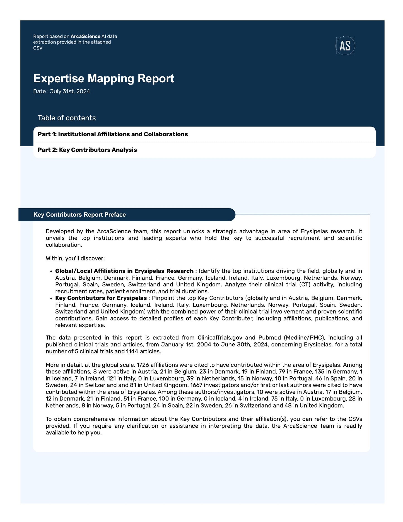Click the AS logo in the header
(x=345, y=46)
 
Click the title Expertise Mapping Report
(x=103, y=78)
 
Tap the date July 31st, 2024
(x=70, y=92)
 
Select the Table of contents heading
(x=67, y=118)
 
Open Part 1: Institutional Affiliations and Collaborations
(x=113, y=134)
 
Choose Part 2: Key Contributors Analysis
(x=87, y=150)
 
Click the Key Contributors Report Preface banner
(x=79, y=215)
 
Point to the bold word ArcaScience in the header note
(x=85, y=36)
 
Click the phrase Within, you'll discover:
(x=75, y=258)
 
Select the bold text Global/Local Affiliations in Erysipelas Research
(x=124, y=271)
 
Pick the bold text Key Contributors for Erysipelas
(x=101, y=298)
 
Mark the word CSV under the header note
(x=38, y=48)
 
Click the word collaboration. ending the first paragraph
(x=64, y=245)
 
